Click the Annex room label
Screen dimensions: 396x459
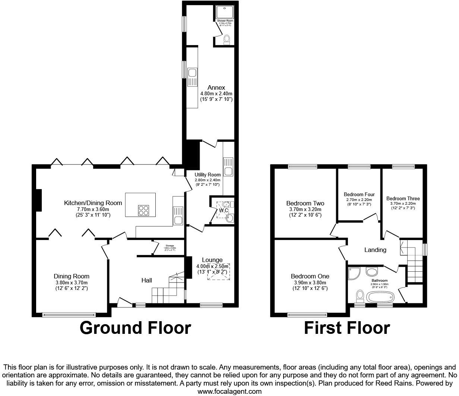coord(216,88)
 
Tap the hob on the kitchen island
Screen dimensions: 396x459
coord(144,211)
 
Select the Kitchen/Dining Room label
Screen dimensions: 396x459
coord(93,203)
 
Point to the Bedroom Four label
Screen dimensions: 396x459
coord(359,195)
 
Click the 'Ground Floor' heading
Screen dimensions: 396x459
coord(135,328)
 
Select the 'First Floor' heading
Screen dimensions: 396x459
coord(347,328)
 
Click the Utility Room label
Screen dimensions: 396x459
coord(208,175)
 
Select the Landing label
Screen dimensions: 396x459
coord(375,250)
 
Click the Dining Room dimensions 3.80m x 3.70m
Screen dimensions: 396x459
coord(72,282)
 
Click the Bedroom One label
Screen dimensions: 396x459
coord(310,277)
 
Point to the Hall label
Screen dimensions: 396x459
coord(146,280)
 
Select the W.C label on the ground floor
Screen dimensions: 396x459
coord(224,211)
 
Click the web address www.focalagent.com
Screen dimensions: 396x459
coord(229,391)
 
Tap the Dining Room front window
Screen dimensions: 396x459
coord(69,315)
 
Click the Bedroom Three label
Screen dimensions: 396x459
coord(403,199)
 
